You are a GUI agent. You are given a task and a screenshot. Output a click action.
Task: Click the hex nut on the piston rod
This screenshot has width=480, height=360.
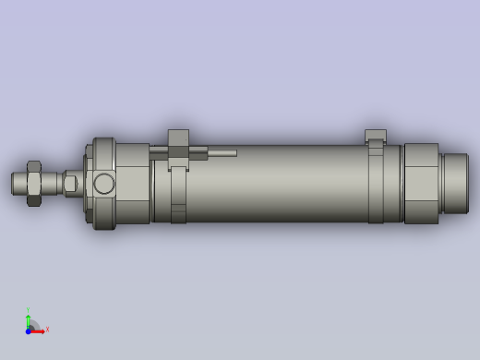[34, 183]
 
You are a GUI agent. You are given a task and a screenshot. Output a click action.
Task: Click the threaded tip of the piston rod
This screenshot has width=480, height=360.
[18, 183]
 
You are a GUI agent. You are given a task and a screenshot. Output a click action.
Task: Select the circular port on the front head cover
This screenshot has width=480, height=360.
[104, 183]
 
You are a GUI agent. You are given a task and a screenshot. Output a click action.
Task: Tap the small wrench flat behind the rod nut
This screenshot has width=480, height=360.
[70, 184]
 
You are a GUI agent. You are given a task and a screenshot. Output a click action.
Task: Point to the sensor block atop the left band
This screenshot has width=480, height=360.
[178, 139]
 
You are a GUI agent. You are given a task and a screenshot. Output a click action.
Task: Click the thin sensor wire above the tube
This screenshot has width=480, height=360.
[222, 153]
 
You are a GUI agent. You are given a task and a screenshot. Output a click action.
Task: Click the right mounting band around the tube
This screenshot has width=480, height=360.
[376, 185]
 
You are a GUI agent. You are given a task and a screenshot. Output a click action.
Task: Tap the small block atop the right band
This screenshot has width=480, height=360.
[375, 136]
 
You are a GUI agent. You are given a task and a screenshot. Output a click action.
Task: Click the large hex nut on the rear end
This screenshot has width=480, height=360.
[421, 183]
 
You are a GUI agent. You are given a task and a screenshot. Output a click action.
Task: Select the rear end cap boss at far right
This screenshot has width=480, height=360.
[455, 183]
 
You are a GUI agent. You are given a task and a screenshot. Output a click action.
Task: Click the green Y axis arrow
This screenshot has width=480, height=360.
[28, 319]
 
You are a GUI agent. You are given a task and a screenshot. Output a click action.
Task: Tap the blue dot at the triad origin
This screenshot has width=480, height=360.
[29, 330]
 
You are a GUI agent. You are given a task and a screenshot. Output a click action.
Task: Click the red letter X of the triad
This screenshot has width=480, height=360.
[47, 330]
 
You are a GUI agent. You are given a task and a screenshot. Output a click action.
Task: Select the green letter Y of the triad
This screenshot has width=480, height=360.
[28, 310]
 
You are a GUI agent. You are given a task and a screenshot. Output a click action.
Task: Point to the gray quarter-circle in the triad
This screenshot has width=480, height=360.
[33, 325]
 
